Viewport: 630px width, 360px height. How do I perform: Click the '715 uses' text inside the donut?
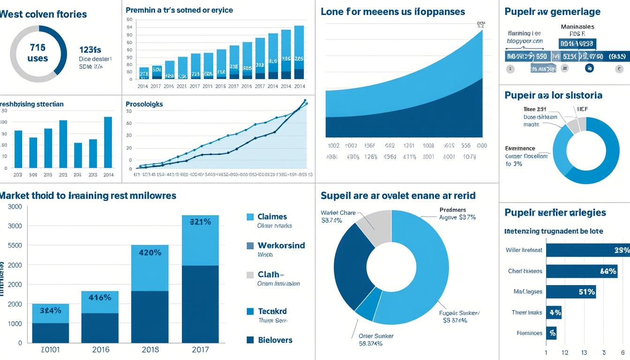point(37,52)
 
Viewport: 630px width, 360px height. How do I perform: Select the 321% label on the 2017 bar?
point(200,222)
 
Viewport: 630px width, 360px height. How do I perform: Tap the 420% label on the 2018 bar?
point(150,252)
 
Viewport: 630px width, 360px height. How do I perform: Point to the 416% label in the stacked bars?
point(100,297)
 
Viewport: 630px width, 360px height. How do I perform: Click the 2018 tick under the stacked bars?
point(150,350)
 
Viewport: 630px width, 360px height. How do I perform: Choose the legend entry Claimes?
point(272,217)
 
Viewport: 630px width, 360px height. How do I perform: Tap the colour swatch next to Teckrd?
point(250,311)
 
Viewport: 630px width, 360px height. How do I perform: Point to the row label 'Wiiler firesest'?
point(524,250)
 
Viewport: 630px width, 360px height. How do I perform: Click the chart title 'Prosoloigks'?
point(144,104)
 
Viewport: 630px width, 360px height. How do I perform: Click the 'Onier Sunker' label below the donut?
point(376,336)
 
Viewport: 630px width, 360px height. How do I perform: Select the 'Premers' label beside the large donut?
point(453,210)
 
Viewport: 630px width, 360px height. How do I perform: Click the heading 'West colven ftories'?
point(43,14)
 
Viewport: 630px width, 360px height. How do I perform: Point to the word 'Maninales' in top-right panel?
point(577,27)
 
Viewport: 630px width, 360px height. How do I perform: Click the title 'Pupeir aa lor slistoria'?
point(553,95)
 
